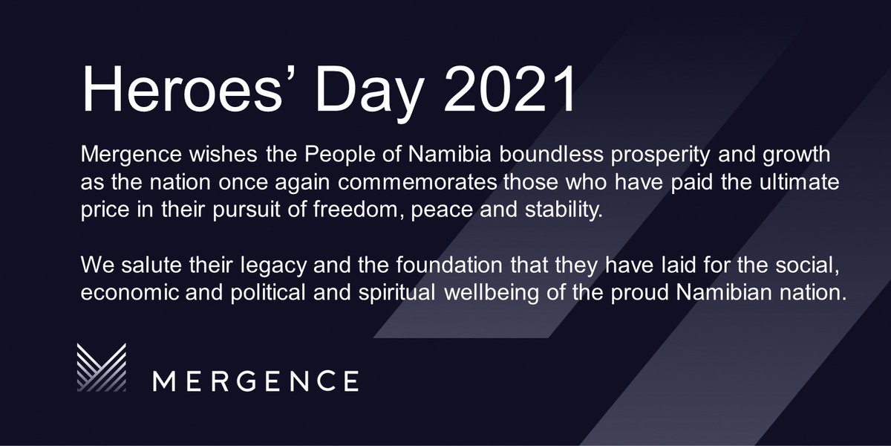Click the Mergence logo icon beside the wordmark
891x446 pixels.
coord(102,368)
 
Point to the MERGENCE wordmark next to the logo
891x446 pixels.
coord(255,380)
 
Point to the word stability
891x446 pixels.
coord(566,210)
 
